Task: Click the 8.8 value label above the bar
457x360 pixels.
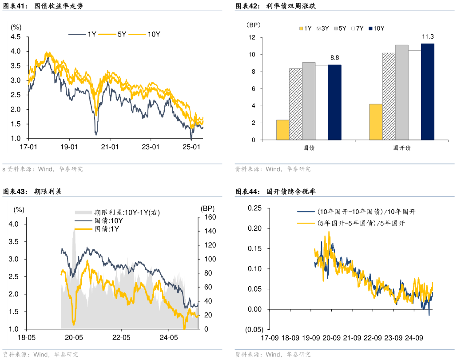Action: [x=334, y=58]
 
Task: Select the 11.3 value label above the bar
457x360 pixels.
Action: [x=428, y=36]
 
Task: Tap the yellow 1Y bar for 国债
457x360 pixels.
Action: [x=283, y=130]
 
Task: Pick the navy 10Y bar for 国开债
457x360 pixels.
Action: [x=428, y=92]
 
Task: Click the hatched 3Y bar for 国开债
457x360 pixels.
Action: [x=389, y=96]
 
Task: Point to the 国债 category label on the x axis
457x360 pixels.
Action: [x=309, y=148]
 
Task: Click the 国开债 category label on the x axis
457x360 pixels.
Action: [x=402, y=148]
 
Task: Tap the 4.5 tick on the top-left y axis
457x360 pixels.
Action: [x=16, y=37]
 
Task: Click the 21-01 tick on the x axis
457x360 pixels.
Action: [x=110, y=147]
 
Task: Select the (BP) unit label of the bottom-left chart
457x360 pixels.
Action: [x=207, y=208]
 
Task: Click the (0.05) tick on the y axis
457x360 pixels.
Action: [x=255, y=329]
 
